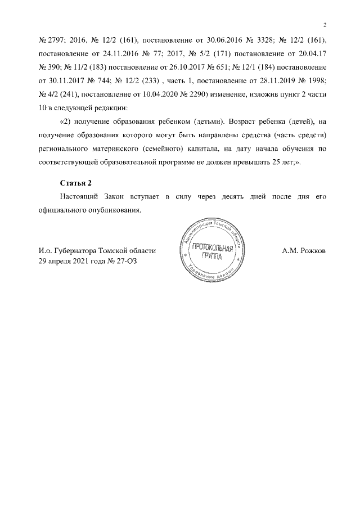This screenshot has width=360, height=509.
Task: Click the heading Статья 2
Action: pyautogui.click(x=75, y=183)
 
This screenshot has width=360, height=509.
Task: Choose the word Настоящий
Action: pyautogui.click(x=80, y=196)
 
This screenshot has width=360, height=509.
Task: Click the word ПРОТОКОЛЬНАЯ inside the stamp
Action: pyautogui.click(x=211, y=248)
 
